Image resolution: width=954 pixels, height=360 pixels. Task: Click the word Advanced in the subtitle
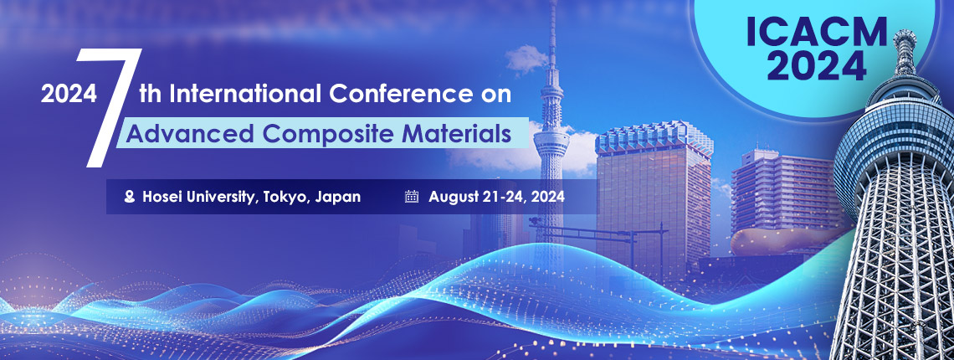tap(172, 132)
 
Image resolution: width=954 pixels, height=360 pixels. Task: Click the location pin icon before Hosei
tap(129, 198)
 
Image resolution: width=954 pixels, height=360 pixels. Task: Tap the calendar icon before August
tap(411, 198)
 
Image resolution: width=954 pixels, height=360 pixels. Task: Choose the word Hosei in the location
tap(163, 198)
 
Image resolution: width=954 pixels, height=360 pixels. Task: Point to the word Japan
tap(339, 198)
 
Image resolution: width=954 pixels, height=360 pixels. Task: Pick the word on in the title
tap(496, 94)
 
